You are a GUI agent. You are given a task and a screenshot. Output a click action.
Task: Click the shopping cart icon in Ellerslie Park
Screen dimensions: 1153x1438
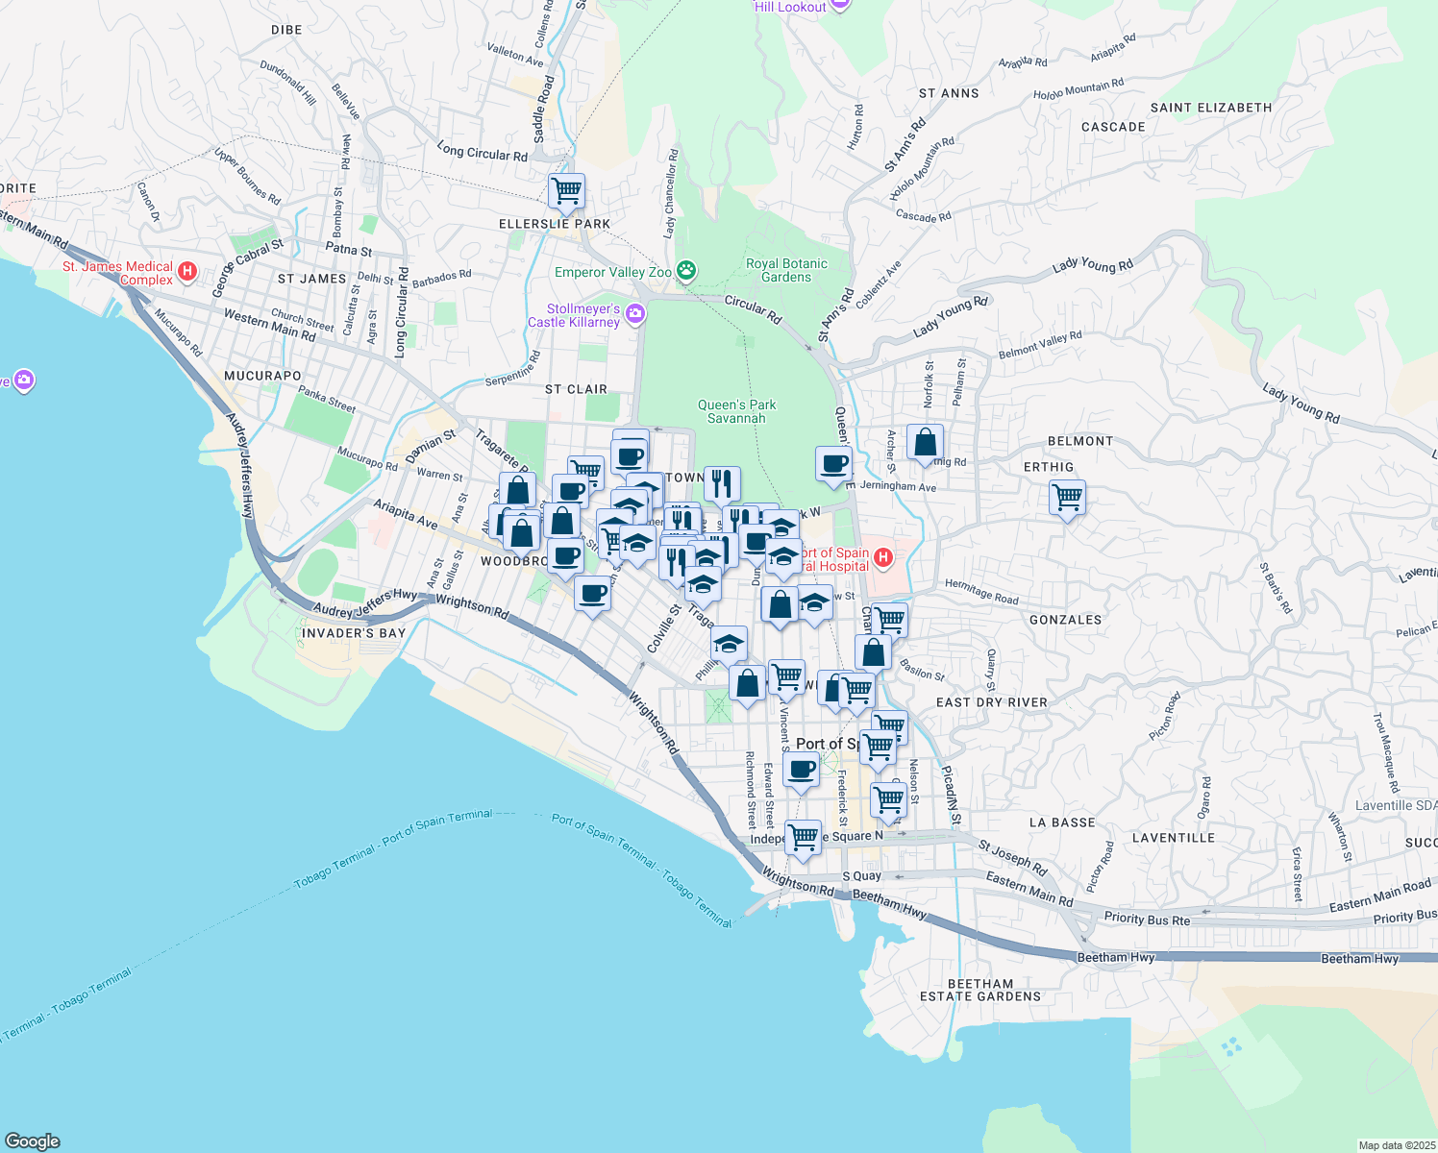[566, 190]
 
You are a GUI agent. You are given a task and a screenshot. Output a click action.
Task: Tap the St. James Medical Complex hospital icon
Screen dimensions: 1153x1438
[188, 272]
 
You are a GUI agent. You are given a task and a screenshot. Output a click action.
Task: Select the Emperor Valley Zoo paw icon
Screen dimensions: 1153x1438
[686, 271]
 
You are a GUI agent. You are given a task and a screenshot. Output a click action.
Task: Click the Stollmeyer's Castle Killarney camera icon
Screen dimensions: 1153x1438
[634, 313]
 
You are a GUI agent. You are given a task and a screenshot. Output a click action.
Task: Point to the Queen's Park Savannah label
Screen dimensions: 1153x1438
[736, 411]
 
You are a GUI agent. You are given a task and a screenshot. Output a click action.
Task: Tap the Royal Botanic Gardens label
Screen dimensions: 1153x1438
[786, 270]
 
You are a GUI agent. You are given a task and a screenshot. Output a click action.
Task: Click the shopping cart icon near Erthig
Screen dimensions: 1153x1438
[1067, 498]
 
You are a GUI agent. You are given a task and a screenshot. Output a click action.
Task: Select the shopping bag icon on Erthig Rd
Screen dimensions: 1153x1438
[925, 443]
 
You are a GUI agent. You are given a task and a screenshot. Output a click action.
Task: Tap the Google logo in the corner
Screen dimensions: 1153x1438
[32, 1141]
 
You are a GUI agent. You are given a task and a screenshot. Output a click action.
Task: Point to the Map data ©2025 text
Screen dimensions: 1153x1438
[1396, 1145]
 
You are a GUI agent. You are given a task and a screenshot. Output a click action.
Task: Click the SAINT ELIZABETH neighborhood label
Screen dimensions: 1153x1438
[1210, 108]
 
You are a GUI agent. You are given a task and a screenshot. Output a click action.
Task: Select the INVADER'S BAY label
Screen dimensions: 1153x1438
[354, 633]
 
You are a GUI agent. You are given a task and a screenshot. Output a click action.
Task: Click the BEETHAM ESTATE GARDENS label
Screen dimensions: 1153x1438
[980, 990]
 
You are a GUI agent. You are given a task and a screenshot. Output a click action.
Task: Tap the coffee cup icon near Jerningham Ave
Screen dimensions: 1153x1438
[833, 464]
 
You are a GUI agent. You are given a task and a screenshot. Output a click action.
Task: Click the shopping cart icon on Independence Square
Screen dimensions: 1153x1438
[803, 838]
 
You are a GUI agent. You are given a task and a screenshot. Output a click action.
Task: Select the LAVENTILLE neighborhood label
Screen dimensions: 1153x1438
[1173, 838]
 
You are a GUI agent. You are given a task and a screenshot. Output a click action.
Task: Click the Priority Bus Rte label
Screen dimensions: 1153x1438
[1147, 919]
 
